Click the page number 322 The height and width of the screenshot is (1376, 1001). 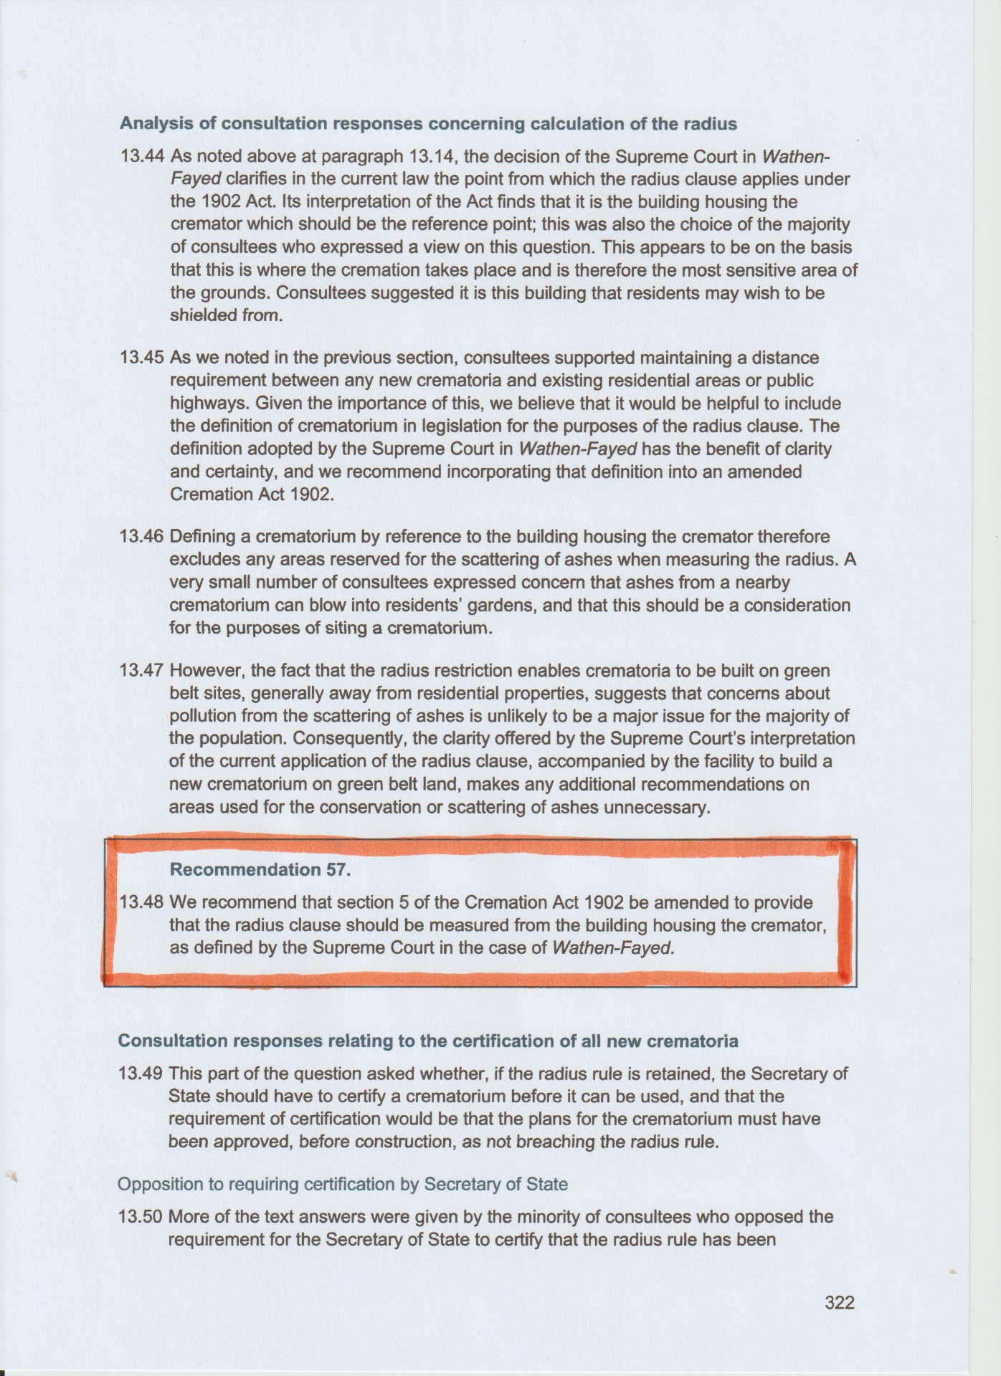coord(839,1302)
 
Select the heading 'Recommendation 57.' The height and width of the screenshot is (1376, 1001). coord(260,870)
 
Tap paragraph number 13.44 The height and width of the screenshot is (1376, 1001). coord(143,156)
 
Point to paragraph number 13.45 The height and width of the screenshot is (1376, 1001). coord(143,358)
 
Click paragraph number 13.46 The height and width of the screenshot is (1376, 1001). coord(143,537)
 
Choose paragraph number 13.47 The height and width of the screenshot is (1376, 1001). coord(143,671)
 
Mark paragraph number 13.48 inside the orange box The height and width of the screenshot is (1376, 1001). coord(143,902)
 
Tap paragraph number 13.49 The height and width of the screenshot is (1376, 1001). coord(141,1074)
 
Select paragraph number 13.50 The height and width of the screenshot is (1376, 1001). coord(141,1217)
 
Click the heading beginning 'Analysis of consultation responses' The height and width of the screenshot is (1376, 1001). coord(428,124)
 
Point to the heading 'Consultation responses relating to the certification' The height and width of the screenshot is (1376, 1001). coord(428,1041)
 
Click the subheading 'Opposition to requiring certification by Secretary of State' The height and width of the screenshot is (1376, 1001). coord(342,1184)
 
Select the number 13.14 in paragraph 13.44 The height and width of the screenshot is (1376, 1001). coord(434,156)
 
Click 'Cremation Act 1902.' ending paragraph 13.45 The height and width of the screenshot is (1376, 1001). coord(252,495)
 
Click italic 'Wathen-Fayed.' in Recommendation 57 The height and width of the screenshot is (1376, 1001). coord(613,948)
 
